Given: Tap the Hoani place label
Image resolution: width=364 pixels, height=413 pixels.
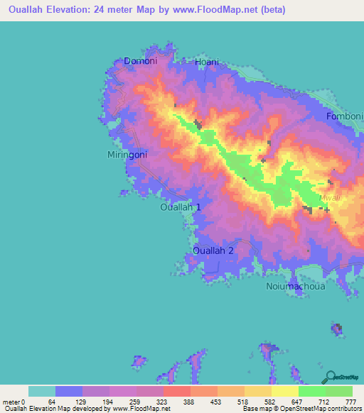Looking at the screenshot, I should point(206,62).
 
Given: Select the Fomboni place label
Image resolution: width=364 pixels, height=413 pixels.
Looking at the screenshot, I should point(344,116).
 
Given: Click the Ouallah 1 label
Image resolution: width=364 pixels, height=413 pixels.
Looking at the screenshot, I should point(181,207).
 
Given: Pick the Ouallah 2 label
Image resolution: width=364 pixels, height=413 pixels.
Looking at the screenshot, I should point(213,250).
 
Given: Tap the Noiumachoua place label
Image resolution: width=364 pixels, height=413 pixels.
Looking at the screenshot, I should point(295,287).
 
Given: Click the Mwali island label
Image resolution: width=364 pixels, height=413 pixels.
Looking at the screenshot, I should point(329,199).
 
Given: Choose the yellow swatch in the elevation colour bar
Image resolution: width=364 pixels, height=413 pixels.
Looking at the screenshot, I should point(284,391).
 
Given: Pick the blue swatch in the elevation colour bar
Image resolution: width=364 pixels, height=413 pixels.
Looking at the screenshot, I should point(68,391).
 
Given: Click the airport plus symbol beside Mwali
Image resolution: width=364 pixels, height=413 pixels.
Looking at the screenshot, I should point(326,210).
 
